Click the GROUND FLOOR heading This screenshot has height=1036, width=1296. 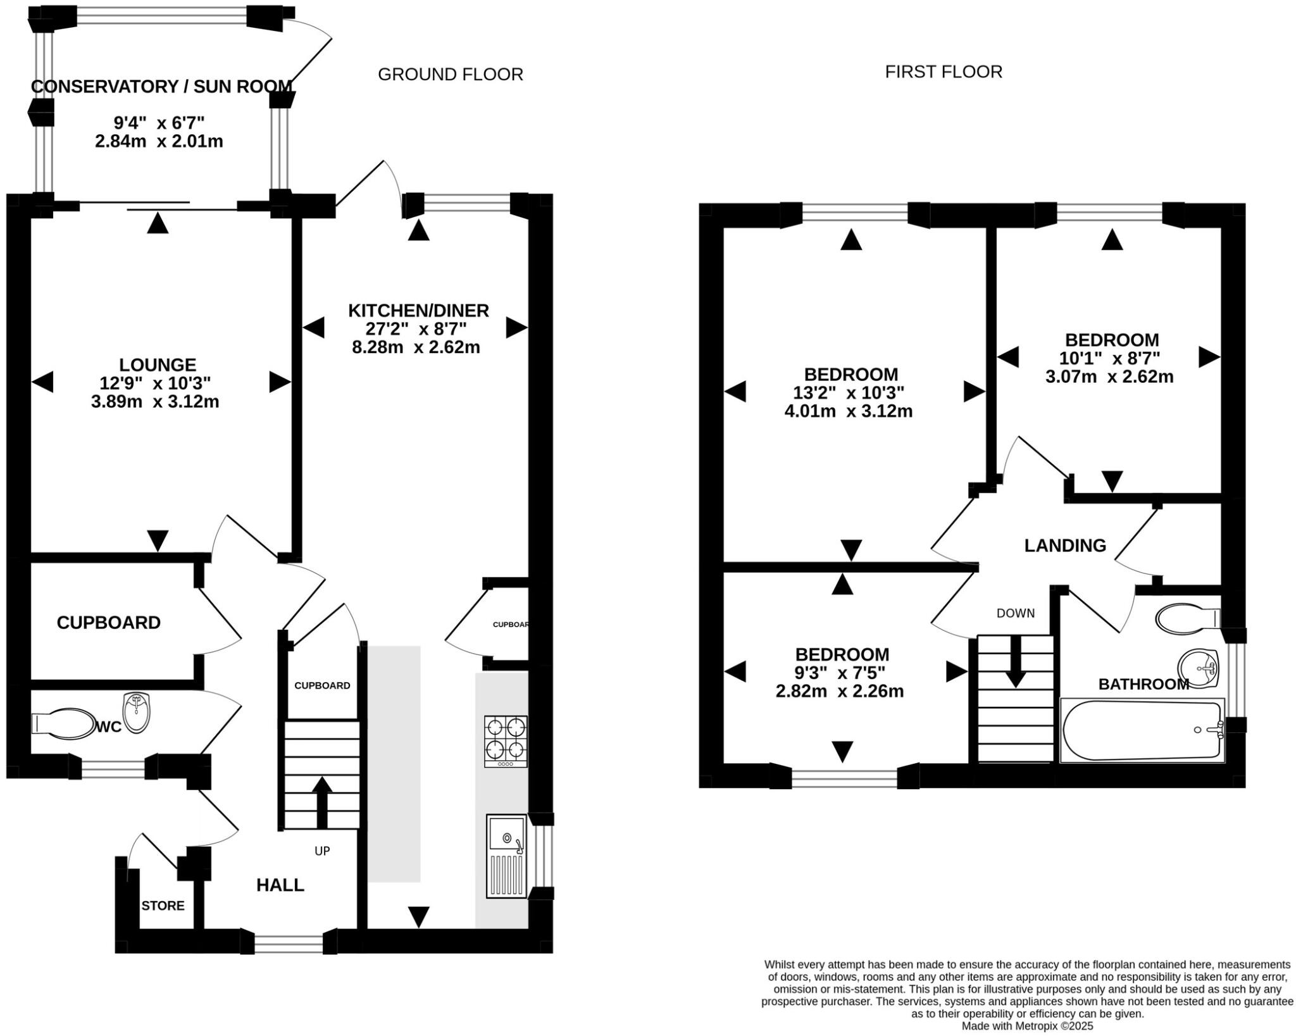point(450,75)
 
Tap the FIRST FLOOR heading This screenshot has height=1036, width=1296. point(943,72)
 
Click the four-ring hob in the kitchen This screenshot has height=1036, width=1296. point(506,741)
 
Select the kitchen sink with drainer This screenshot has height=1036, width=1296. point(506,856)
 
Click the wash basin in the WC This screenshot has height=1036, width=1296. point(137,713)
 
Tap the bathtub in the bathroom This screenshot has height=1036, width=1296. point(1142,730)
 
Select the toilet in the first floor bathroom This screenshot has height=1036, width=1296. point(1185,618)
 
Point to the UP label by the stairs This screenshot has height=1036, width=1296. point(322,851)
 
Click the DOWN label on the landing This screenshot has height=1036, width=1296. point(1015,613)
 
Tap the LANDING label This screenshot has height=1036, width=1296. point(1065,546)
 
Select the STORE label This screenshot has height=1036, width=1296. point(163,906)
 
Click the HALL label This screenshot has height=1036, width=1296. point(280,885)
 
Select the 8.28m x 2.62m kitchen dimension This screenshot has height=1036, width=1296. point(416,347)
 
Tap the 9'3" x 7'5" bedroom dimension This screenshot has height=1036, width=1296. point(840,673)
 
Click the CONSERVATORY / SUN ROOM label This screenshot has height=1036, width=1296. point(161,87)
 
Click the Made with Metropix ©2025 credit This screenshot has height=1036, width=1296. point(1027,1026)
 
